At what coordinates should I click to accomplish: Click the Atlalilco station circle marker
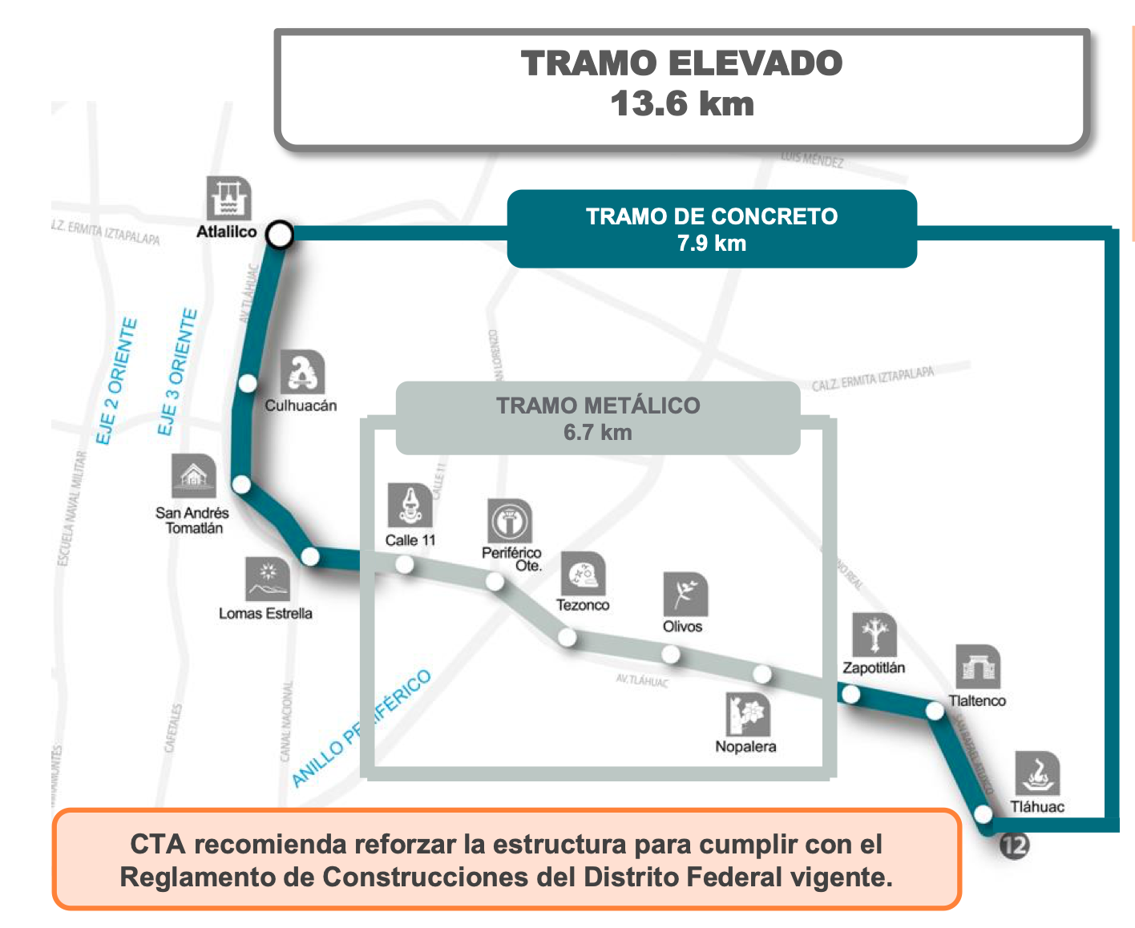280,235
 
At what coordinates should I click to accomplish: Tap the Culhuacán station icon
303,372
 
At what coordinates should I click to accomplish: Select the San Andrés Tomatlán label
192,520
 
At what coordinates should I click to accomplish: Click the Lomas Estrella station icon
268,579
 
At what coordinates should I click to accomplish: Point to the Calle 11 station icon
410,505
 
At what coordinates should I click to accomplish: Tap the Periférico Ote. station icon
510,521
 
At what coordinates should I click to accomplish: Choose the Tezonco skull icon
583,574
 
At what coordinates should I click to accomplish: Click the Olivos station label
682,627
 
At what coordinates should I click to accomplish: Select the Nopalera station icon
748,714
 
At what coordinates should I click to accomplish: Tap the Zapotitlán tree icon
874,635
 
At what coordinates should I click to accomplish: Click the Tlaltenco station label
977,700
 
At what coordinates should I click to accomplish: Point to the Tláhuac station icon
1037,773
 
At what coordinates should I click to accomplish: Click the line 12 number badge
1014,845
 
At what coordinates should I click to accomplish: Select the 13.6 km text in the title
682,104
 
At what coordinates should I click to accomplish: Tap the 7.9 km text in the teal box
712,243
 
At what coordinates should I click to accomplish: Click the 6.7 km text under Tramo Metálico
597,433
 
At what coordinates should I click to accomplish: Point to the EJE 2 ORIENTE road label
117,381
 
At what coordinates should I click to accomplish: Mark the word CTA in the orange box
158,844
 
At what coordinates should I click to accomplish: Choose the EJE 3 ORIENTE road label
177,373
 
